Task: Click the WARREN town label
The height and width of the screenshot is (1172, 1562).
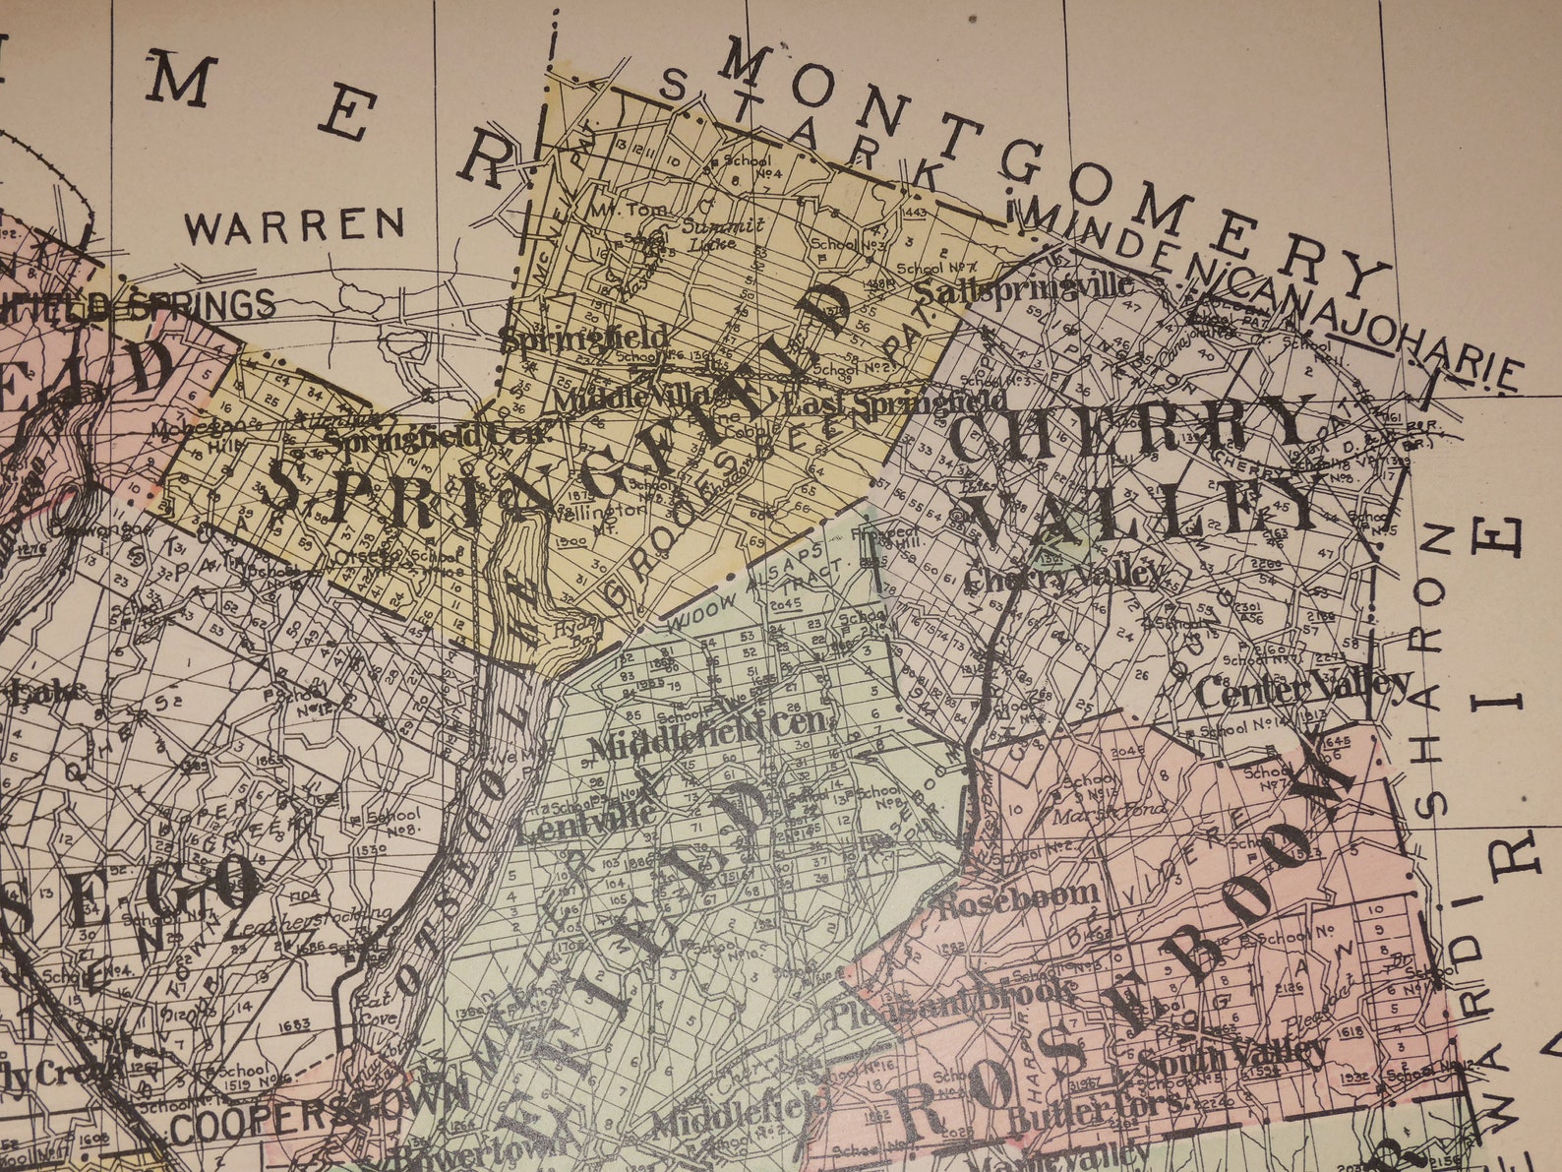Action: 295,226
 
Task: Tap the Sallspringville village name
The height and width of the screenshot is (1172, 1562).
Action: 1023,289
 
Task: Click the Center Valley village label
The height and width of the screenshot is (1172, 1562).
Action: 1303,688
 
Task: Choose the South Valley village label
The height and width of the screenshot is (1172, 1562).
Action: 1233,1057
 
